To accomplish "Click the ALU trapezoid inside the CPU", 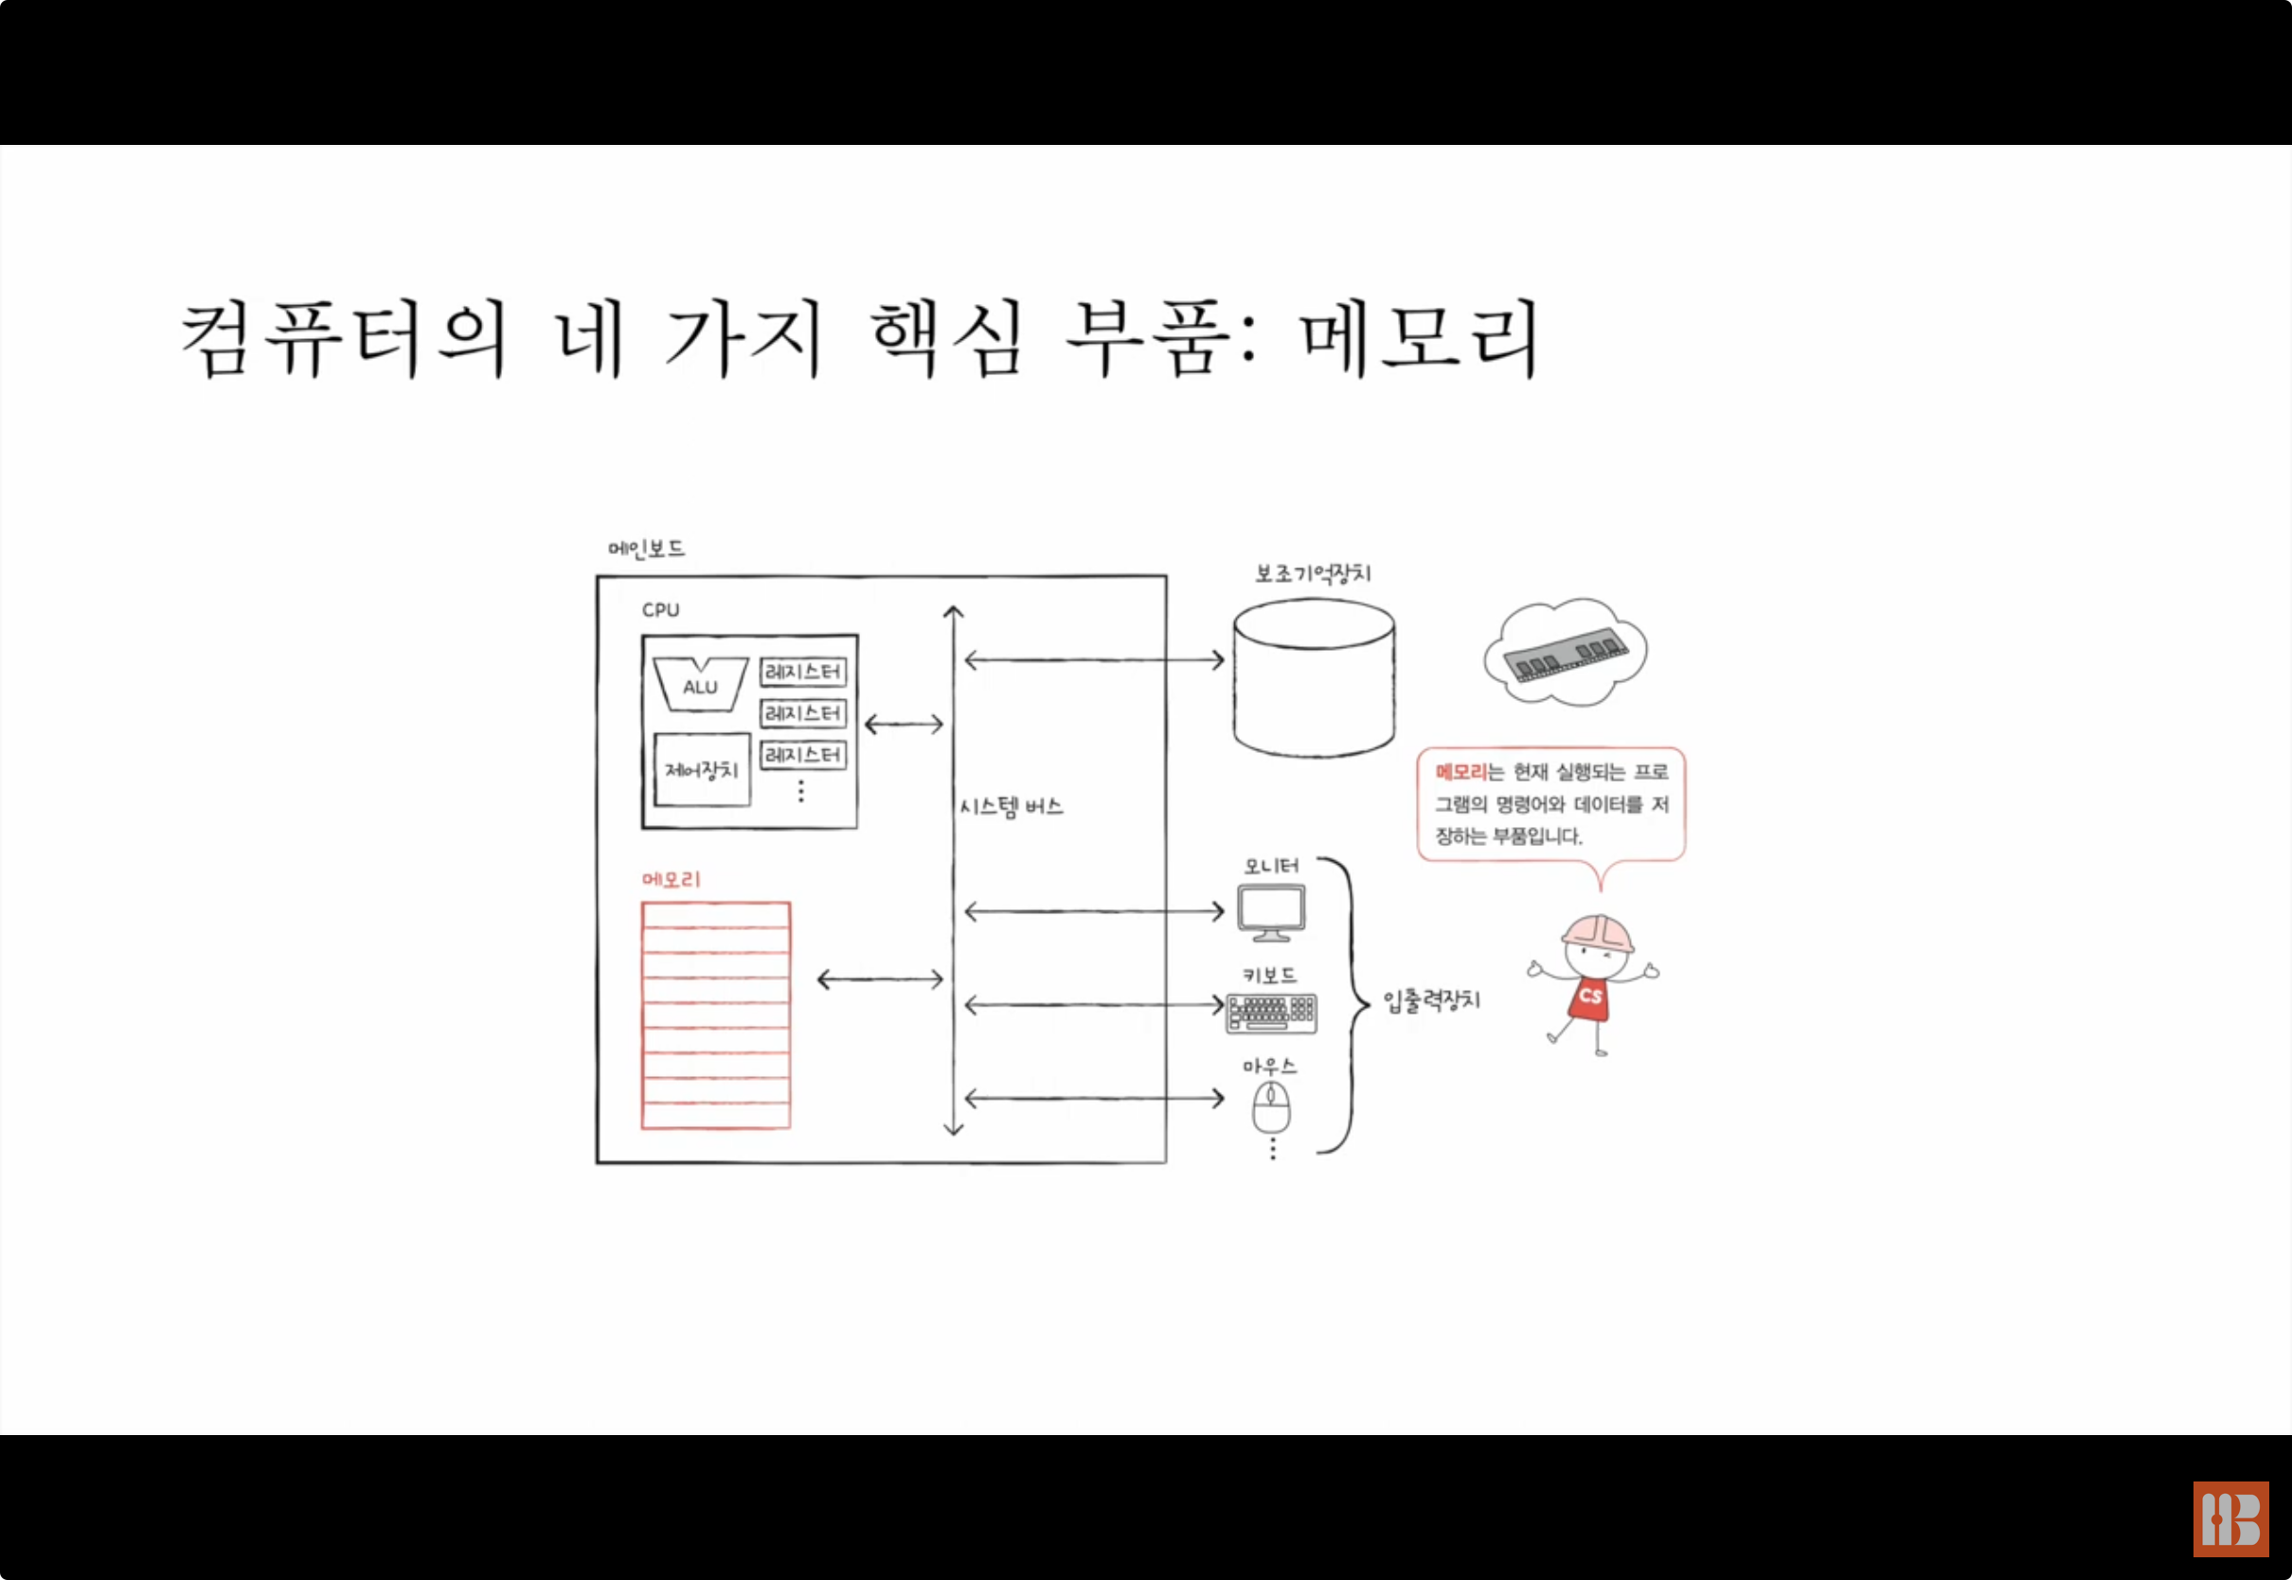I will point(700,685).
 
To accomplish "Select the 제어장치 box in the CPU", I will point(702,769).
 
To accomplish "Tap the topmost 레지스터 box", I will point(802,672).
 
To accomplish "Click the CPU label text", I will point(660,610).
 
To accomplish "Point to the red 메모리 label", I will point(671,879).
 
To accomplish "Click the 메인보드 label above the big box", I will point(646,548).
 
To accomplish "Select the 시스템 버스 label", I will point(1011,807).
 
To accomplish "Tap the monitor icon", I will point(1272,912).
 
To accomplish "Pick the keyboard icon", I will point(1272,1013).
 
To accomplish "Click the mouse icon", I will point(1272,1105).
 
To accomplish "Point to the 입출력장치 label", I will point(1431,1001).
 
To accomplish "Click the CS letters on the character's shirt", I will point(1590,995).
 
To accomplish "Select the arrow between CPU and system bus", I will point(904,725).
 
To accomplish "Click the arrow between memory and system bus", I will point(880,980).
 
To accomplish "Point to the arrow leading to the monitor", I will point(1094,911).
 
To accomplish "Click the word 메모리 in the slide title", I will point(1419,338).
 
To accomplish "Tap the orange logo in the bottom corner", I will point(2230,1519).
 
